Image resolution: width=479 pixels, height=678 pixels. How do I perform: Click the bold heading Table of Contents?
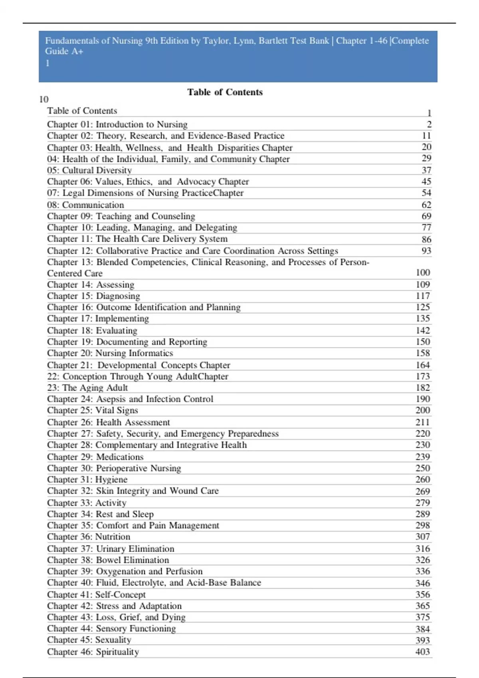tap(225, 92)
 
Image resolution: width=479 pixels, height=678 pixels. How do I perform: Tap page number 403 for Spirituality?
tap(422, 652)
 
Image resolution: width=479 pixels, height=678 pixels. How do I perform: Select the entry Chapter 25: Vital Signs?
tap(92, 410)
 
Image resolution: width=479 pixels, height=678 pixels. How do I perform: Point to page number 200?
tap(422, 410)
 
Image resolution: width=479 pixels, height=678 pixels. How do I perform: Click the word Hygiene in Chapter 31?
tap(111, 479)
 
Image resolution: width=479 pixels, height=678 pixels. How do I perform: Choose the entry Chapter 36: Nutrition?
tap(88, 537)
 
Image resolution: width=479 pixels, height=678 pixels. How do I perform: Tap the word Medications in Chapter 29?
tap(120, 457)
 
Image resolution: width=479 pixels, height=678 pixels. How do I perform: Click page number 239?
tap(422, 457)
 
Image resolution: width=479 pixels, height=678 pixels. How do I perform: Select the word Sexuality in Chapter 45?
tap(113, 640)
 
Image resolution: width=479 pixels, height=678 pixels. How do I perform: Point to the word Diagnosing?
tap(118, 296)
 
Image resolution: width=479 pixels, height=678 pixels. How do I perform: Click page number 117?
tap(422, 296)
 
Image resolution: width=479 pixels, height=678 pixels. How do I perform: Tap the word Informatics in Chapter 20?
tap(150, 353)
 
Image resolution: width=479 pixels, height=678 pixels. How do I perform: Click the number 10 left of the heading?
tap(44, 99)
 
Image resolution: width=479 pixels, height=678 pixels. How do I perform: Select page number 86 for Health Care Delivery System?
tap(426, 239)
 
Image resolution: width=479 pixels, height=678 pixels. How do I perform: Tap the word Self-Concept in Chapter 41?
tap(120, 595)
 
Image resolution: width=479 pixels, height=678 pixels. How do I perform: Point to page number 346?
tap(422, 583)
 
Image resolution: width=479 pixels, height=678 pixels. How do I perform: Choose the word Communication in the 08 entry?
tap(93, 205)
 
